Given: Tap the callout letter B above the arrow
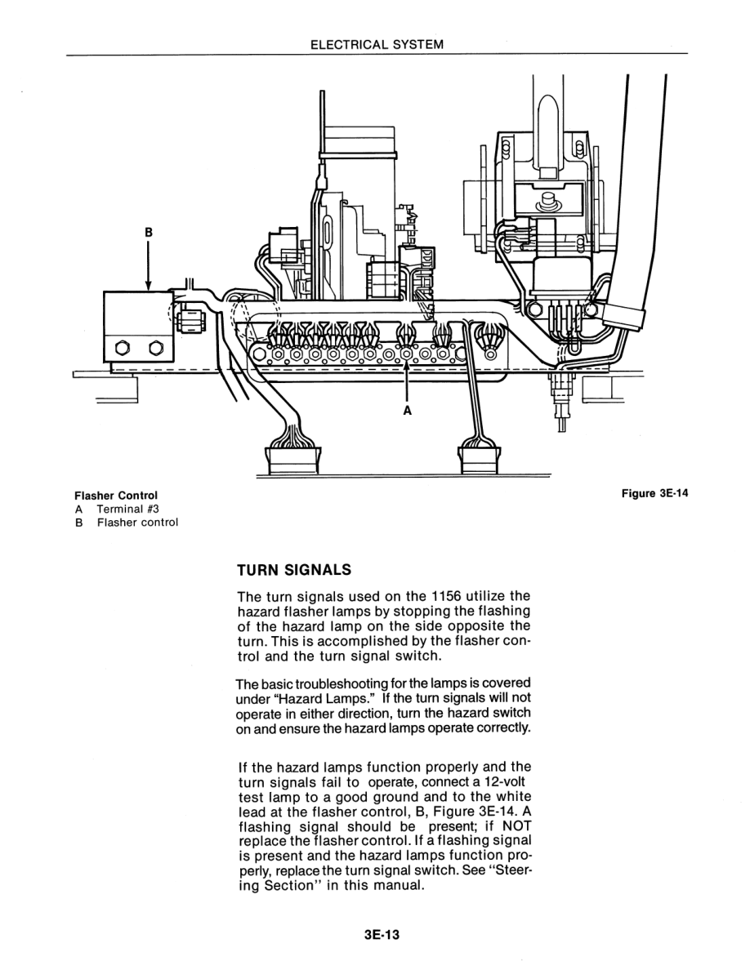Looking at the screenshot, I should click(x=148, y=232).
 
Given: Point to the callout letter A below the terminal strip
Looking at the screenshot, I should click(x=407, y=411).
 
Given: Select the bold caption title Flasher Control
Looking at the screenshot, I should click(x=115, y=495).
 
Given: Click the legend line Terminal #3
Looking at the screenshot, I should click(x=127, y=509).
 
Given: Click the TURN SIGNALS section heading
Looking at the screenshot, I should click(x=293, y=568).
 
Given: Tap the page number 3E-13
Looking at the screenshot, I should click(x=377, y=935).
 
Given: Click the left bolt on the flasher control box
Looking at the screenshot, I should click(x=123, y=349).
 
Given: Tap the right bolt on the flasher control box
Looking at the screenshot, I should click(x=155, y=349).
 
